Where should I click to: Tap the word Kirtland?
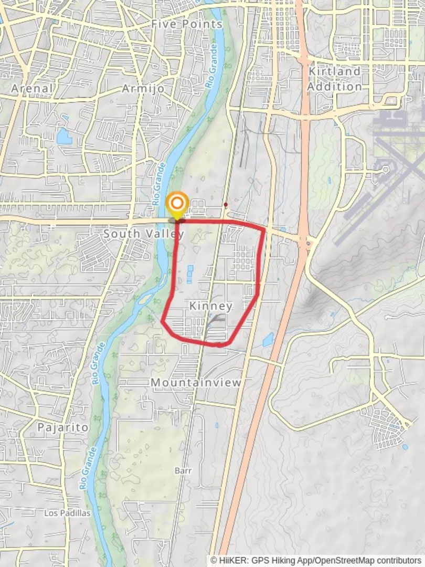pyautogui.click(x=334, y=71)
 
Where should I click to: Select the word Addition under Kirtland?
pyautogui.click(x=334, y=86)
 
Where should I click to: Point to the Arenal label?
pyautogui.click(x=32, y=88)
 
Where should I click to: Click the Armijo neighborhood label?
pyautogui.click(x=143, y=88)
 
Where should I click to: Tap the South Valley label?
pyautogui.click(x=143, y=233)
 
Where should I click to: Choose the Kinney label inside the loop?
pyautogui.click(x=211, y=306)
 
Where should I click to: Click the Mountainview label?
pyautogui.click(x=196, y=383)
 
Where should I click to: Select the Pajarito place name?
pyautogui.click(x=63, y=427)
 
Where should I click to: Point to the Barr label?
pyautogui.click(x=183, y=470)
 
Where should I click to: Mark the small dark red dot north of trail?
pyautogui.click(x=226, y=205)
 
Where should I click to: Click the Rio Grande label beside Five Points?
pyautogui.click(x=212, y=66)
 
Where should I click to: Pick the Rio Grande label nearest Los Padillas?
pyautogui.click(x=90, y=469)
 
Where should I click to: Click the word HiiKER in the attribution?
pyautogui.click(x=230, y=561)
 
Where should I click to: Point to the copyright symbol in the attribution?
pyautogui.click(x=214, y=561)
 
